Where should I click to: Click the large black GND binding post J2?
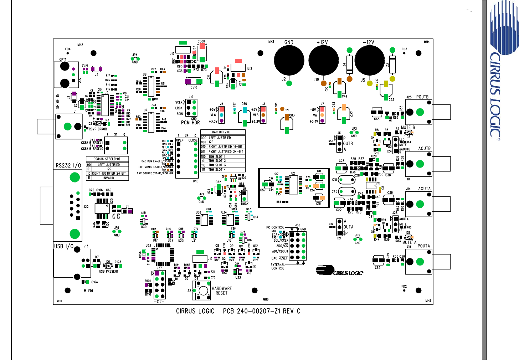[289, 60]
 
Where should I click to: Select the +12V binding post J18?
[323, 60]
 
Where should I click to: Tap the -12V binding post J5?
[370, 60]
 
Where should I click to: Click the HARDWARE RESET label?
[221, 291]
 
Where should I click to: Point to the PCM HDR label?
[190, 123]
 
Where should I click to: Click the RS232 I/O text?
[68, 165]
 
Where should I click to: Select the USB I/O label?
[63, 246]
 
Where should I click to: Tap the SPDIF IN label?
[58, 101]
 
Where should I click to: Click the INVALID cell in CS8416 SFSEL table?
[109, 178]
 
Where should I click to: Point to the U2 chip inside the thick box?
[293, 184]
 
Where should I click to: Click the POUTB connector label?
[422, 97]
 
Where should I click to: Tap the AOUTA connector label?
[424, 189]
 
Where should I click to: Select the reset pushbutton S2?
[203, 290]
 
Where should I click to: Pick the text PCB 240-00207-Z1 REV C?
[262, 311]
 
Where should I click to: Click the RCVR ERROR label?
[98, 129]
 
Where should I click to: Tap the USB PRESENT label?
[109, 272]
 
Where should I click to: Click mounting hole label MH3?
[271, 42]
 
